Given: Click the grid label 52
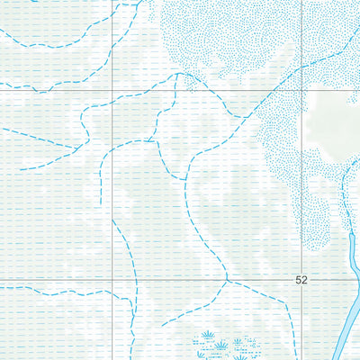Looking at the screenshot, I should (301, 280).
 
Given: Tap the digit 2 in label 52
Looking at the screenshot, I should (304, 280).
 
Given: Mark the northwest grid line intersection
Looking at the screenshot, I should (113, 90).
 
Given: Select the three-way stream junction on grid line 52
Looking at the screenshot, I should (229, 281).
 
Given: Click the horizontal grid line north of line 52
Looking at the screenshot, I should (54, 90).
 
